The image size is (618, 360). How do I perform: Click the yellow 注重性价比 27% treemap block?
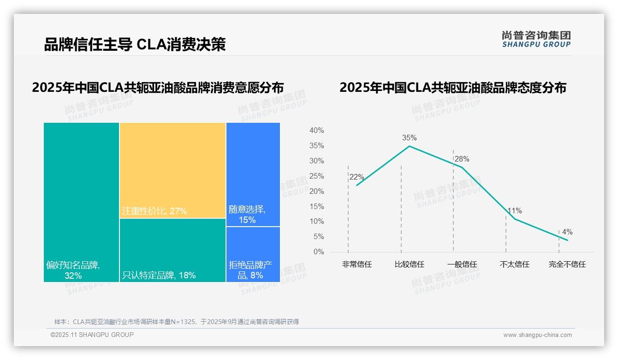172,170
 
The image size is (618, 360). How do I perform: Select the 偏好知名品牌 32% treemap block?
82,202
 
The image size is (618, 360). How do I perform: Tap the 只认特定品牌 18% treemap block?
172,250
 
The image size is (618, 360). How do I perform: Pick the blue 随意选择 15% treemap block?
253,174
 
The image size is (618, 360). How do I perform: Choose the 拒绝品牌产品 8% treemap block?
253,254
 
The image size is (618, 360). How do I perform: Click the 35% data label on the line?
409,138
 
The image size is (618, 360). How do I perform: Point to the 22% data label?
357,177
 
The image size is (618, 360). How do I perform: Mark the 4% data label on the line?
567,232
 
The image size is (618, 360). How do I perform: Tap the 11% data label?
514,211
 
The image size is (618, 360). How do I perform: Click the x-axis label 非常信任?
357,264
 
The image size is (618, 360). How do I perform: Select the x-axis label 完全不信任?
567,264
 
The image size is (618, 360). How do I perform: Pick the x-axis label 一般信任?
462,264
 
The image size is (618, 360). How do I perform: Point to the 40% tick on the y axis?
316,131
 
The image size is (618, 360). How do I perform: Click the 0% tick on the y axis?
319,252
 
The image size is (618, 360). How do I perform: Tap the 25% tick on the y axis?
316,176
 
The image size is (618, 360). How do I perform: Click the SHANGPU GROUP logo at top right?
536,39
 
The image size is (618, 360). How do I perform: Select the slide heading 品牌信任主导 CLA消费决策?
135,45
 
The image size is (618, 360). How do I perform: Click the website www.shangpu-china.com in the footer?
537,335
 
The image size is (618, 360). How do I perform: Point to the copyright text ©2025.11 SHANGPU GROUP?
92,335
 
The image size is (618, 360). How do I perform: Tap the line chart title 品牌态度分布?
452,88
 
